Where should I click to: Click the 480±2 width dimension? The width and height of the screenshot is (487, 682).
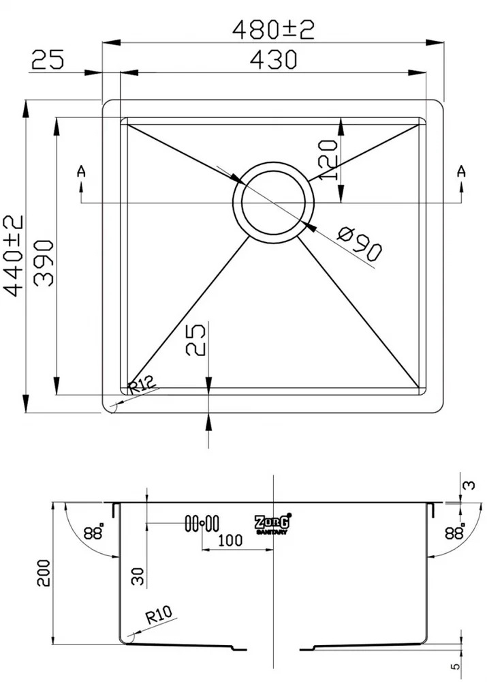tap(273, 30)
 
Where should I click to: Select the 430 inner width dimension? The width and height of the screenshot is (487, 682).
tap(274, 59)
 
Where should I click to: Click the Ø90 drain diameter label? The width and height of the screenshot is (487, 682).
tap(360, 244)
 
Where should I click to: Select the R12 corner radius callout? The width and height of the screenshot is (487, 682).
tap(142, 385)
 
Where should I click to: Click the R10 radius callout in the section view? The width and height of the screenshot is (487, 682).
tap(159, 614)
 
